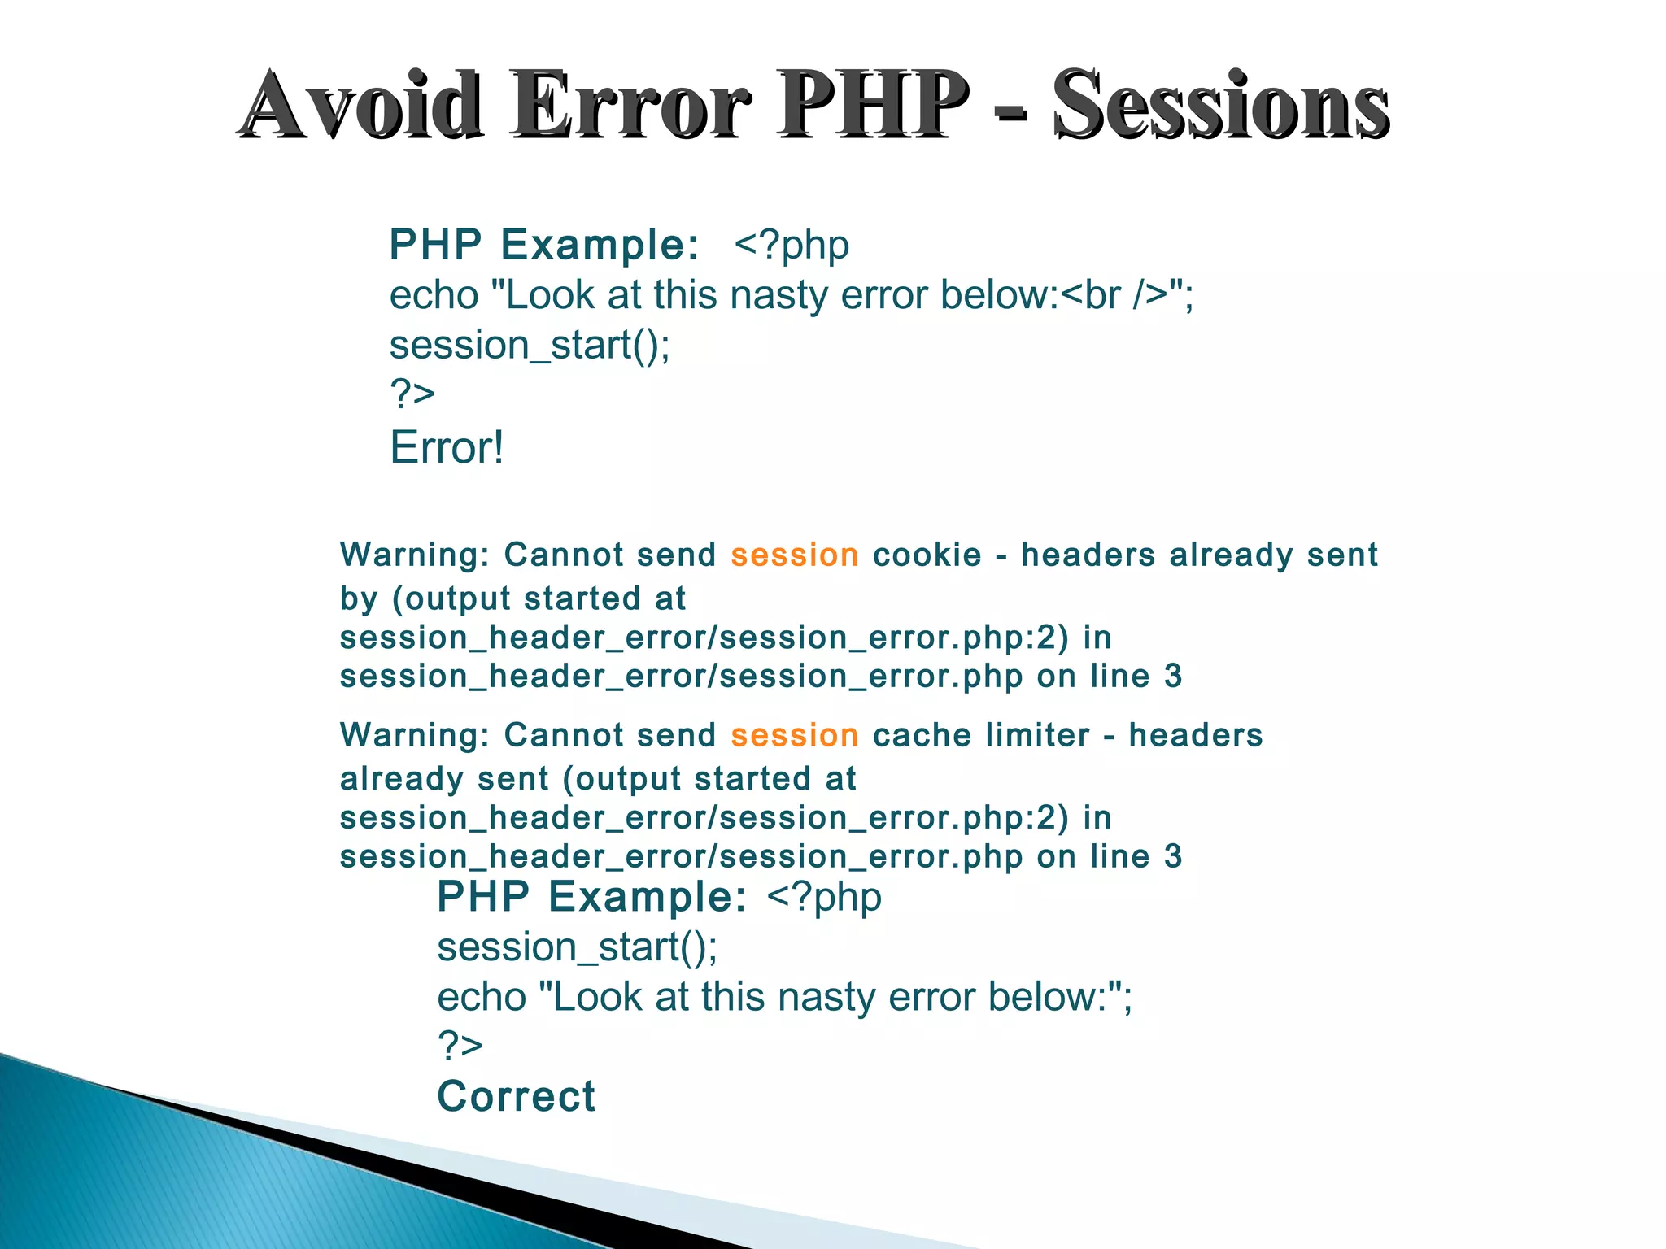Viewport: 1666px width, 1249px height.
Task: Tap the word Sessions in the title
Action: pos(1220,106)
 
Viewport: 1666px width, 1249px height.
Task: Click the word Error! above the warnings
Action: pos(447,447)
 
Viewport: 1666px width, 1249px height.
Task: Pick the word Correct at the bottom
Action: pos(516,1096)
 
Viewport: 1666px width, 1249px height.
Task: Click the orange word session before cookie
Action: pos(794,555)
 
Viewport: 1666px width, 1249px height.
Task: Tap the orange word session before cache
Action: pos(794,736)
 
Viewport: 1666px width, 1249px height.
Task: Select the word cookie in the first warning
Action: pos(927,555)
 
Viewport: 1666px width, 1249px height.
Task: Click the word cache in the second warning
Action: pos(922,736)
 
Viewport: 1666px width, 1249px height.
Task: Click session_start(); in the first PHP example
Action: pos(530,345)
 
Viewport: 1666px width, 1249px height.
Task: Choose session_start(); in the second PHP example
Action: pos(577,947)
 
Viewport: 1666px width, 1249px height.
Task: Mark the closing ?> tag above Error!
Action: pos(412,394)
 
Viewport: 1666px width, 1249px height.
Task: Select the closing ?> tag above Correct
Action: pos(460,1046)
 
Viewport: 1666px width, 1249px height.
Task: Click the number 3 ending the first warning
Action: pos(1172,677)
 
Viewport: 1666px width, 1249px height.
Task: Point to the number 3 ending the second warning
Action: pos(1172,857)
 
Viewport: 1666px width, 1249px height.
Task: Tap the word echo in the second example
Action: pos(482,997)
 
